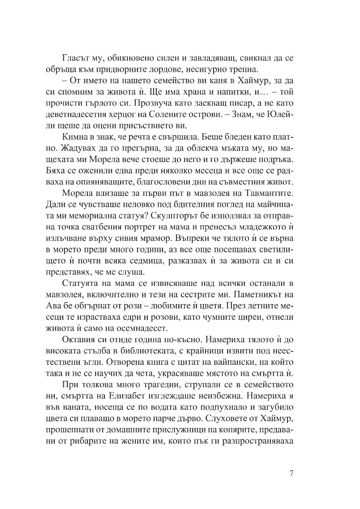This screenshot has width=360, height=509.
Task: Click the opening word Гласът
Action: pyautogui.click(x=76, y=58)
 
